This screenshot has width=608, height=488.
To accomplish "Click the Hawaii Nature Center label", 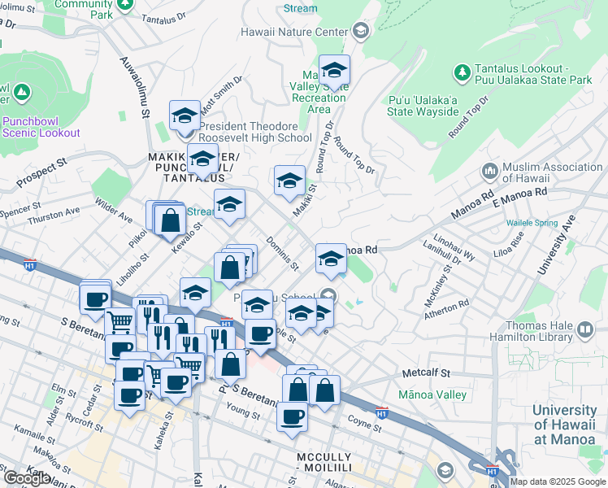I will [x=294, y=33].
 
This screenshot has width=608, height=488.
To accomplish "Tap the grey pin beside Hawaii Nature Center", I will [x=361, y=32].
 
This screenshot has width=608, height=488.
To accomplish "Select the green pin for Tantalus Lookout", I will [x=463, y=73].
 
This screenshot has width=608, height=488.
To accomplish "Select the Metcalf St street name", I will [x=426, y=373].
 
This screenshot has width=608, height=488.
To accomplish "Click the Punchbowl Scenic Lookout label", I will [x=41, y=127].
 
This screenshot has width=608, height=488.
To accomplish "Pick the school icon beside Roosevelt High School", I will [x=185, y=115].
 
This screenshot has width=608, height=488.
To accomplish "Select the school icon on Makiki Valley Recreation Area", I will [x=333, y=71].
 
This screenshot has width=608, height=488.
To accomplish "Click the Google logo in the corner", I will [x=27, y=478].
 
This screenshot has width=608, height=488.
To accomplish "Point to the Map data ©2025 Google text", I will [x=557, y=481].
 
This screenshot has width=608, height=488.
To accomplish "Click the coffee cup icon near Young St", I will [x=292, y=416].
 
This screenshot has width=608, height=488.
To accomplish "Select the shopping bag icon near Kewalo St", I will [x=171, y=219].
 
